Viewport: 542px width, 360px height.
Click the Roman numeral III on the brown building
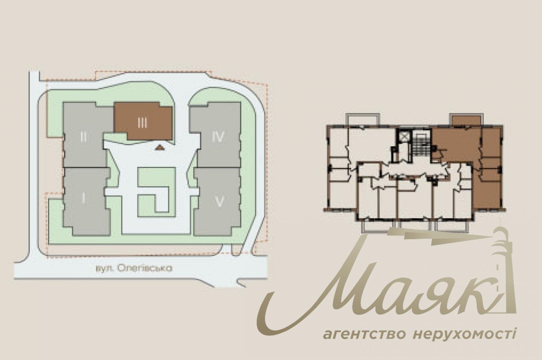142,123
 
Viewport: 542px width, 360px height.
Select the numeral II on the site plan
83,137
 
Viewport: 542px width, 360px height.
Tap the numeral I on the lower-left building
83,199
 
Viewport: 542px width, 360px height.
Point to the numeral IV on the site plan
218,137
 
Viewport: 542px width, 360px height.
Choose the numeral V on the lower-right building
219,202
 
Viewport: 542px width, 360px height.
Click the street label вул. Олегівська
134,269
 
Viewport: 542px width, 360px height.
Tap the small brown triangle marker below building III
160,147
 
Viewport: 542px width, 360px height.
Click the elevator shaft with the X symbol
403,137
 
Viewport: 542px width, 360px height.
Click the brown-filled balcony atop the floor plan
466,121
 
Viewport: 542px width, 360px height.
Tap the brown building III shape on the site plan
143,121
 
